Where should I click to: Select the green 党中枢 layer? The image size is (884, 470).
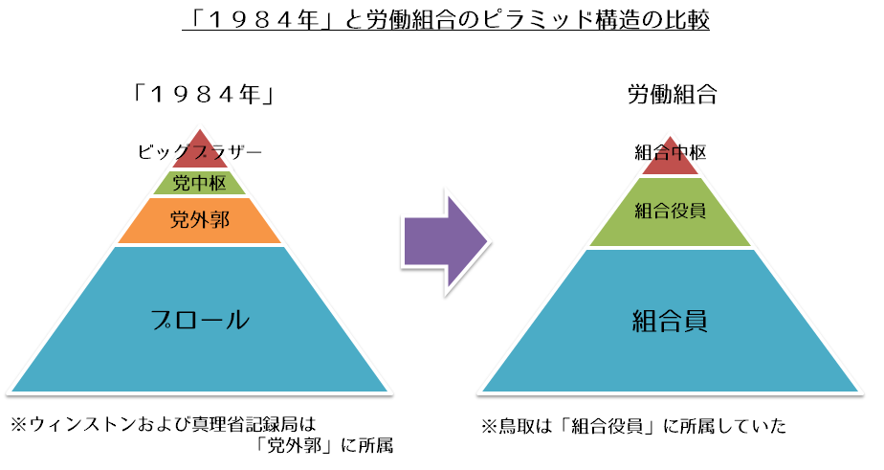[199, 182]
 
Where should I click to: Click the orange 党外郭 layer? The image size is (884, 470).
[199, 220]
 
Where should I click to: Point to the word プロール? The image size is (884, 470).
[199, 320]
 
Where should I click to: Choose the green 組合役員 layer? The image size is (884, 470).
[671, 211]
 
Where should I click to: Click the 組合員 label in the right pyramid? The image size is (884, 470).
[670, 320]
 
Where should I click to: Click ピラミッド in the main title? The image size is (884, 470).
[504, 20]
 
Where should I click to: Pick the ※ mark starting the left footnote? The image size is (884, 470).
[19, 421]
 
